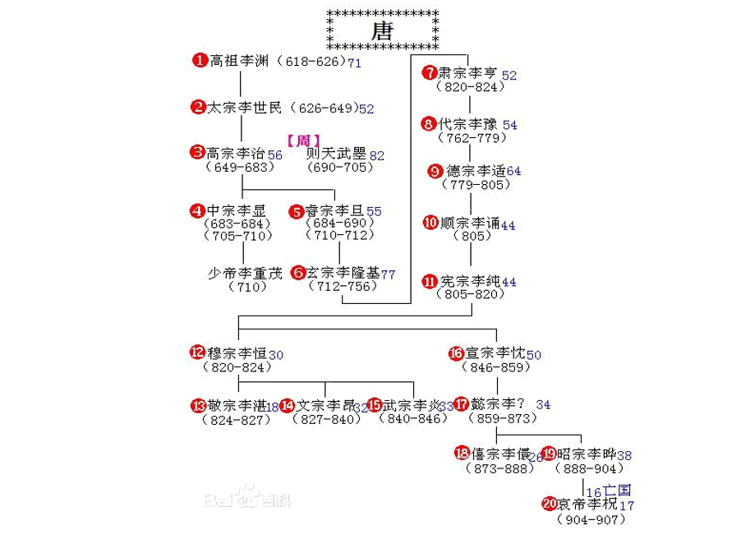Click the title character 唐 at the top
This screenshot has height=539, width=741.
(x=382, y=31)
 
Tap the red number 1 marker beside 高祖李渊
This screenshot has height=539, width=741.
(x=200, y=60)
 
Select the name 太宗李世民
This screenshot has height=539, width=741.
(x=244, y=108)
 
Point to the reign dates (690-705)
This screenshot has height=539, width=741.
(x=340, y=168)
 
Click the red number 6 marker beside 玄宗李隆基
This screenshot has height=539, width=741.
(x=298, y=272)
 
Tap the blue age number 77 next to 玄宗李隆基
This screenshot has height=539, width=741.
(x=389, y=274)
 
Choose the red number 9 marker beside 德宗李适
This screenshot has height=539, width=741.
(x=435, y=171)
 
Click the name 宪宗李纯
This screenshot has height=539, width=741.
(x=470, y=281)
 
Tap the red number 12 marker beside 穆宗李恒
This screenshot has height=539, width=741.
(x=197, y=352)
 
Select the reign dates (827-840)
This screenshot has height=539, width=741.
(x=328, y=419)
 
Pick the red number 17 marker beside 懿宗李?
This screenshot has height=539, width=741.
(x=461, y=404)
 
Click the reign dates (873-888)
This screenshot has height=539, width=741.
(x=500, y=468)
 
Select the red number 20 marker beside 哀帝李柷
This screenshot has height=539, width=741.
(x=550, y=504)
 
